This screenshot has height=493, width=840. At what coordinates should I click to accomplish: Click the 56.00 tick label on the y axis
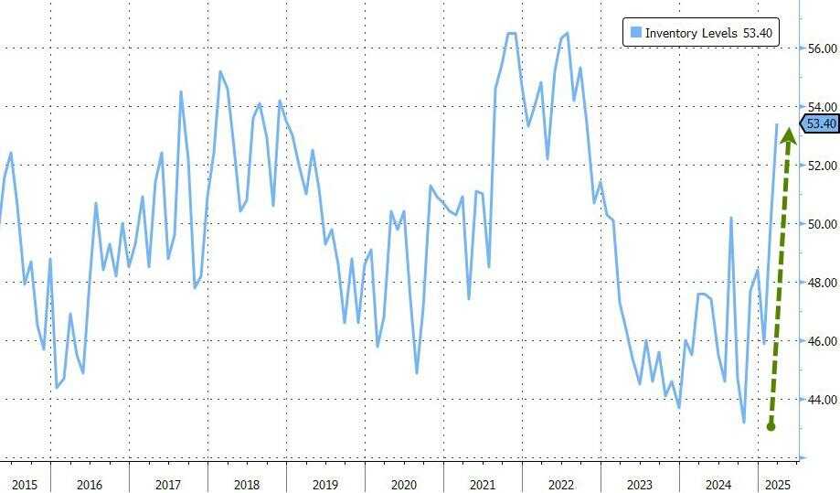point(822,48)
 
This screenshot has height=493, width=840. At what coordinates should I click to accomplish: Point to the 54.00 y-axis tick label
point(822,107)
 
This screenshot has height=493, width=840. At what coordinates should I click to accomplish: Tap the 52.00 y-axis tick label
point(822,166)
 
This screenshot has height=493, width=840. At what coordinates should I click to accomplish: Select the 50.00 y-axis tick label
point(822,224)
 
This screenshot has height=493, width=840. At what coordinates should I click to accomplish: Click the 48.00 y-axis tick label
point(822,283)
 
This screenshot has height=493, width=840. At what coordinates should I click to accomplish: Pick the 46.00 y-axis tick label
point(822,341)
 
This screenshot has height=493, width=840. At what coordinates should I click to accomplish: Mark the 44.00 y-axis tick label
point(822,400)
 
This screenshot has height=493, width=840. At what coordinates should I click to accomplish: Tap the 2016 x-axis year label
point(90,481)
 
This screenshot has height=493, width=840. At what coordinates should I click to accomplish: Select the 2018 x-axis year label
point(247,481)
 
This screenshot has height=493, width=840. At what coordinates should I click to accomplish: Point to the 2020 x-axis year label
point(403,481)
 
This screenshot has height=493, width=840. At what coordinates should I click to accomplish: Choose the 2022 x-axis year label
point(560,481)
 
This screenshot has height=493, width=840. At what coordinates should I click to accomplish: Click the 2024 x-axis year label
point(718,481)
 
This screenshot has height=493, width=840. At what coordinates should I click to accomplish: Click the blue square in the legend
point(635,33)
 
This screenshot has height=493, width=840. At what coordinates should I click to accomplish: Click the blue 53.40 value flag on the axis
point(818,124)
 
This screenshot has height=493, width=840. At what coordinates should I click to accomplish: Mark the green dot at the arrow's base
point(771,425)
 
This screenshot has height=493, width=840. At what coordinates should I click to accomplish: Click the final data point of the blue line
point(778,124)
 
